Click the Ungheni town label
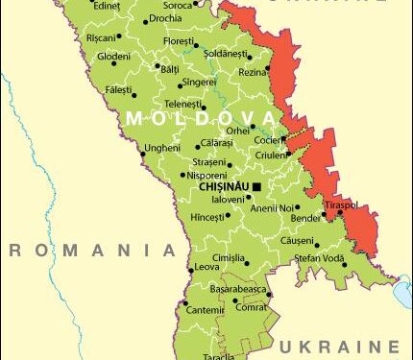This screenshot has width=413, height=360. pos(160,148)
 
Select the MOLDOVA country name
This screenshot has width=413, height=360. pos(202,118)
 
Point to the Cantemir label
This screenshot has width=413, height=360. pos(205,310)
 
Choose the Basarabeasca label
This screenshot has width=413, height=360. pos(234,288)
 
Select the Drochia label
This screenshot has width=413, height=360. pos(166,17)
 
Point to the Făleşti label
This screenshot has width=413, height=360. pos(119,88)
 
